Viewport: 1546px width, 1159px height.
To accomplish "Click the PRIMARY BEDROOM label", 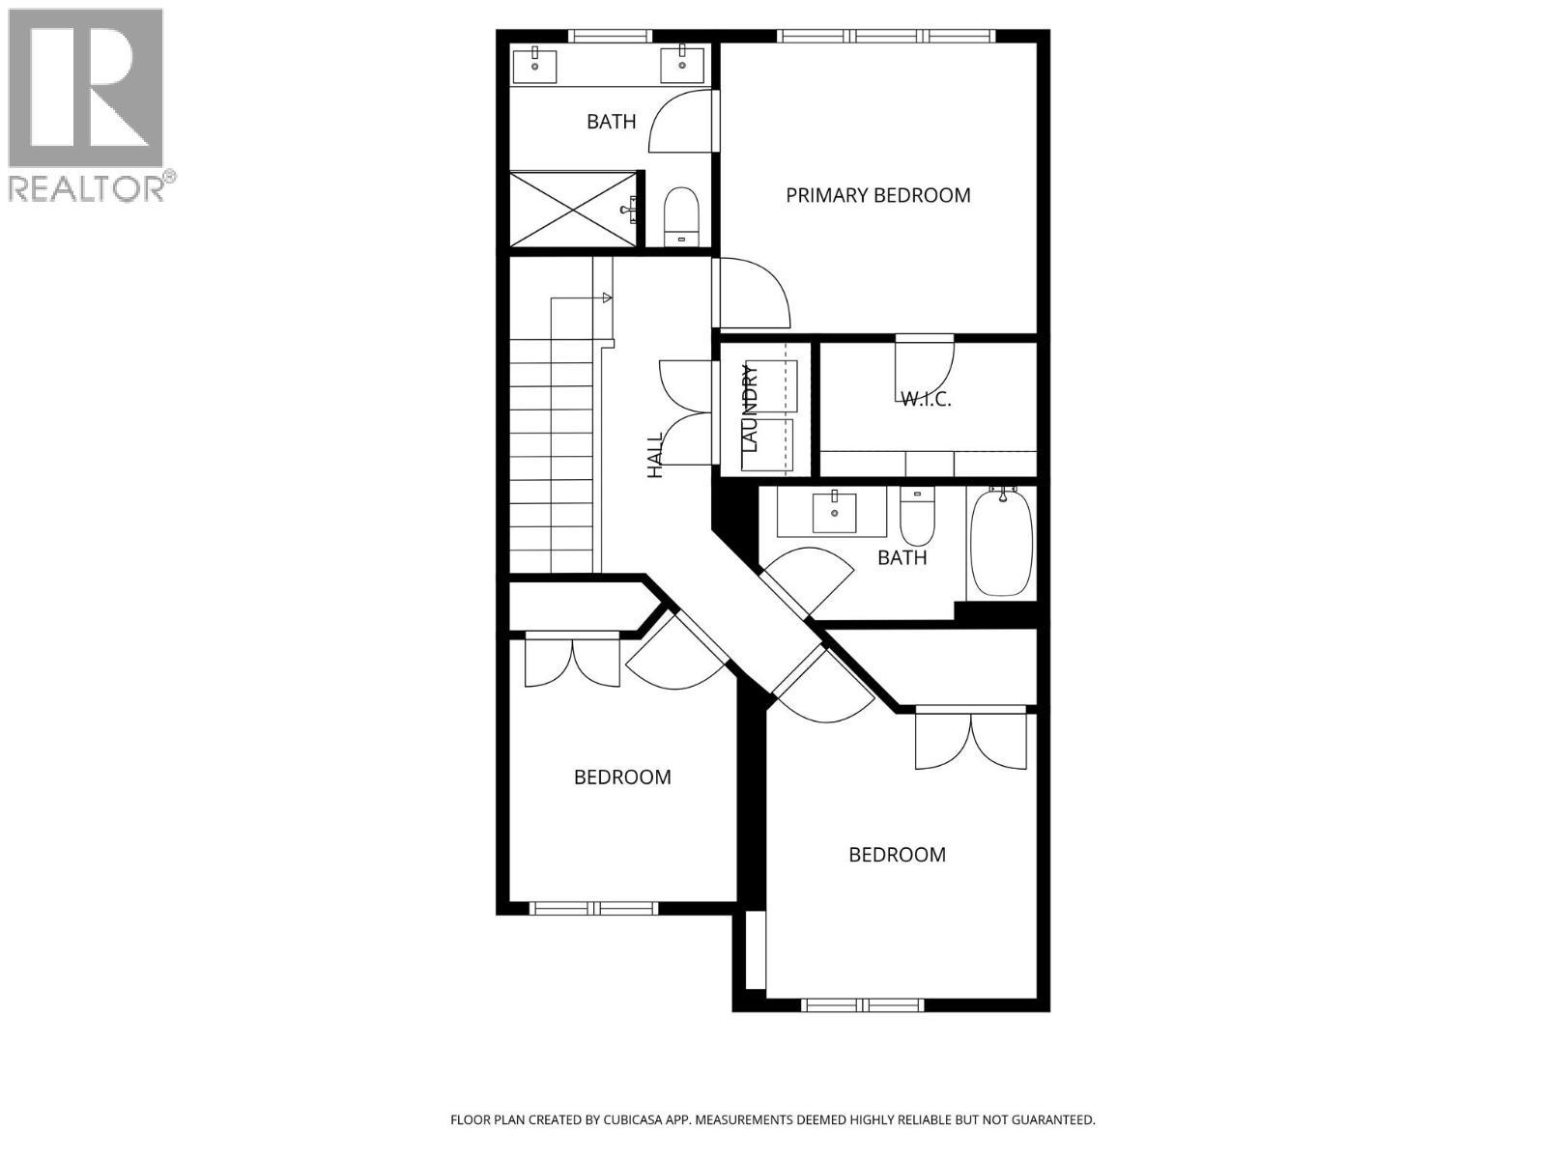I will (x=877, y=195).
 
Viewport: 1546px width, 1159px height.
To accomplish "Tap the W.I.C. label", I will (x=926, y=398).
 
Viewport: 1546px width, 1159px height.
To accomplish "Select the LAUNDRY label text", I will (x=751, y=408).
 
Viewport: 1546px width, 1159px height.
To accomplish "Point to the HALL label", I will (x=655, y=455).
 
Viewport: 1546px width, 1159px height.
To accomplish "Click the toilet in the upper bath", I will (x=681, y=216).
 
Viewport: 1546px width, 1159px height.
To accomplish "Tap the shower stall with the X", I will (x=573, y=209).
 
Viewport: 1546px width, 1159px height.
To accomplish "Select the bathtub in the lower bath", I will (x=1001, y=542).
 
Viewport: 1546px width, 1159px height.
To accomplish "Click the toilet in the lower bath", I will (x=916, y=517).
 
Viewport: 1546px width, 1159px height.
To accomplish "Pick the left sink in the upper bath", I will (x=534, y=66).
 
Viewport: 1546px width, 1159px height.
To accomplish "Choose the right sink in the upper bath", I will (x=682, y=64).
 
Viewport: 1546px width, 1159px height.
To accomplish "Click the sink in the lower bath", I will (x=833, y=511).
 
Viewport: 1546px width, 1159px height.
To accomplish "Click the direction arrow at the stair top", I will (x=606, y=297).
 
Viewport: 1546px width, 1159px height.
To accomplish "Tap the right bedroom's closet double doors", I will (x=970, y=739).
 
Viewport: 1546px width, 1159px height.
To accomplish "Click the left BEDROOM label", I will (x=622, y=777).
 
